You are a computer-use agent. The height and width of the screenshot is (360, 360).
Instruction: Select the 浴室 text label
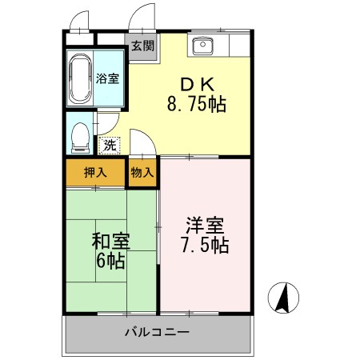[x=110, y=78]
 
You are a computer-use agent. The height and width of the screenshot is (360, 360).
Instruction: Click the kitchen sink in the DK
[x=203, y=45]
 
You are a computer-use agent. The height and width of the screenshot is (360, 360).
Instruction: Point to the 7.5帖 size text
[x=203, y=244]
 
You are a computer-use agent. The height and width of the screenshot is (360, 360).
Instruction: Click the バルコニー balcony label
[x=157, y=330]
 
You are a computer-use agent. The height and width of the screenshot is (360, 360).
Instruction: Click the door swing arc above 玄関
[x=142, y=18]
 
